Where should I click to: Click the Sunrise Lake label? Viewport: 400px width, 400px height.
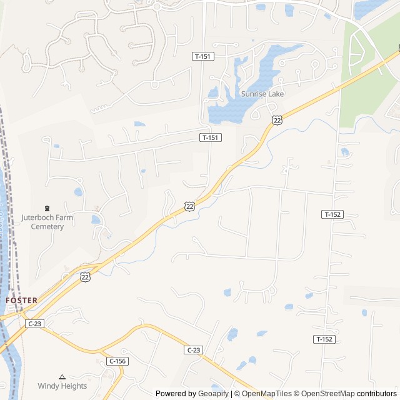tap(262, 94)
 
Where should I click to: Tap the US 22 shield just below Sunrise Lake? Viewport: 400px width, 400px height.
tap(277, 119)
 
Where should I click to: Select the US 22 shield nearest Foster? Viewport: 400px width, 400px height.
tap(85, 276)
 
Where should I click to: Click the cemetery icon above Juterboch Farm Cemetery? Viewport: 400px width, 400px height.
tap(47, 208)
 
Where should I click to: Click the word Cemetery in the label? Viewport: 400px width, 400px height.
tap(47, 226)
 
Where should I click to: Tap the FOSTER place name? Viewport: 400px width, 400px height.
tap(21, 300)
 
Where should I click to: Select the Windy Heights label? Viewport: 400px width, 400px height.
tap(62, 386)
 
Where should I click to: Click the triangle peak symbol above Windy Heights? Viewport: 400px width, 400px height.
tap(62, 377)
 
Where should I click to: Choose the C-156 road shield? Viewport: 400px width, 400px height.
tap(116, 361)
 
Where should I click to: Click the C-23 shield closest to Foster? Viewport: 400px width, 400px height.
tap(34, 324)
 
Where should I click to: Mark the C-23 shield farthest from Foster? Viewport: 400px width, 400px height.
tap(193, 351)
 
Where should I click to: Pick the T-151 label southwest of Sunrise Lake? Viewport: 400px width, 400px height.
tap(210, 137)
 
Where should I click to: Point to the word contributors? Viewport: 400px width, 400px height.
tap(377, 394)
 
